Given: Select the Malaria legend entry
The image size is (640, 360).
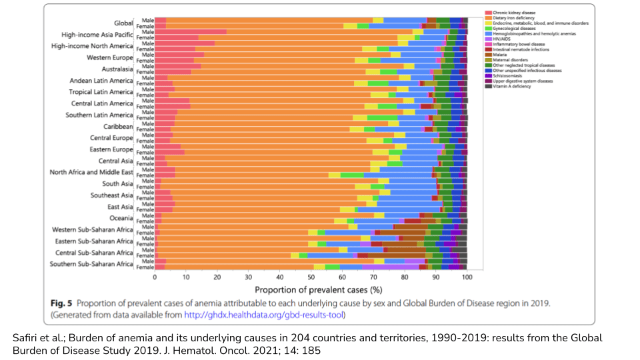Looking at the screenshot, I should [x=500, y=54].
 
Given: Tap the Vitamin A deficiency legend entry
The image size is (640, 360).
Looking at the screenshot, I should [x=512, y=86].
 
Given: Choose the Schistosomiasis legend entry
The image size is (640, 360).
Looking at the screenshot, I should [x=506, y=75].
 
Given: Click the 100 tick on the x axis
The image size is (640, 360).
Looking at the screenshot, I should [x=467, y=277].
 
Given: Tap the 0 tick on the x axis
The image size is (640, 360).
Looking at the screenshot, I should [x=155, y=277].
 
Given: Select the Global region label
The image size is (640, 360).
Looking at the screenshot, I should [x=123, y=23].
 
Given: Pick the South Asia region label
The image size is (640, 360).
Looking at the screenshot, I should [x=117, y=184].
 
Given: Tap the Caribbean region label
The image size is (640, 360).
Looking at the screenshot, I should [x=118, y=127].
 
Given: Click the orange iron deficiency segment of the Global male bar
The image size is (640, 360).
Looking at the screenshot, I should [x=267, y=20].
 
